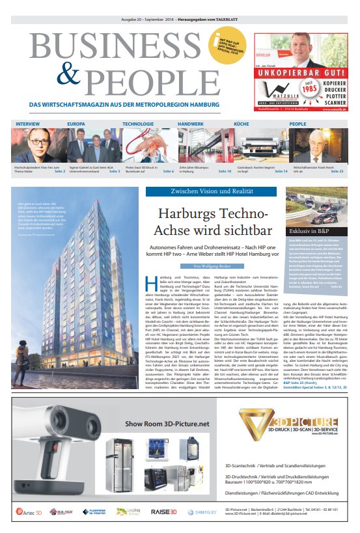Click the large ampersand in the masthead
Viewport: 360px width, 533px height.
(62, 79)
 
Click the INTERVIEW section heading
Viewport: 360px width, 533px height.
(27, 123)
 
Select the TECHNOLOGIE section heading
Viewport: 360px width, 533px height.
(138, 123)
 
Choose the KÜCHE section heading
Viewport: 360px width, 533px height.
(241, 123)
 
